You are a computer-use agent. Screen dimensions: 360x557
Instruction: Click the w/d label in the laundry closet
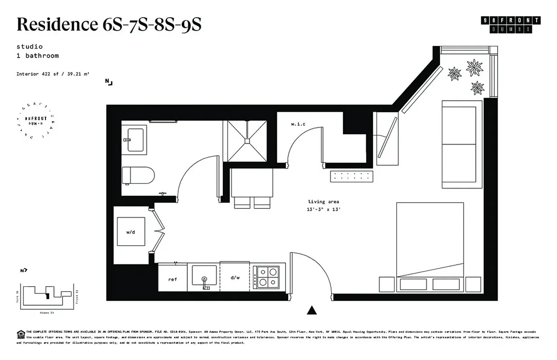coord(131,232)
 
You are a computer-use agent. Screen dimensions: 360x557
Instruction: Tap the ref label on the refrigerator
coord(172,279)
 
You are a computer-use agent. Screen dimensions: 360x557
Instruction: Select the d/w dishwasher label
coord(235,278)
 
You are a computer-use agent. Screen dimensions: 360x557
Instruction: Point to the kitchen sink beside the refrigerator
coord(204,275)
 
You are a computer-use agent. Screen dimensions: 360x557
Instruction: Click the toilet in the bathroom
coord(139,175)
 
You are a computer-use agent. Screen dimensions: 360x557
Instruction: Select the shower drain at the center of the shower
coord(247,140)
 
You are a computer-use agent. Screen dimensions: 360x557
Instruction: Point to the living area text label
coord(323,202)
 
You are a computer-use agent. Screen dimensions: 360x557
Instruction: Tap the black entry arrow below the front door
coord(312,310)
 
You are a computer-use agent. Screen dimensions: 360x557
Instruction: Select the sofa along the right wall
coord(462,144)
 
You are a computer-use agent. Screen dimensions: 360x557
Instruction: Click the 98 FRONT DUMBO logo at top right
coord(511,24)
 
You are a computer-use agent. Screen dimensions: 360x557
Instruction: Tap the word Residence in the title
coord(54,25)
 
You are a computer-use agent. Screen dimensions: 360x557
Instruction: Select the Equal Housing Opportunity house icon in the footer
coord(20,333)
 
